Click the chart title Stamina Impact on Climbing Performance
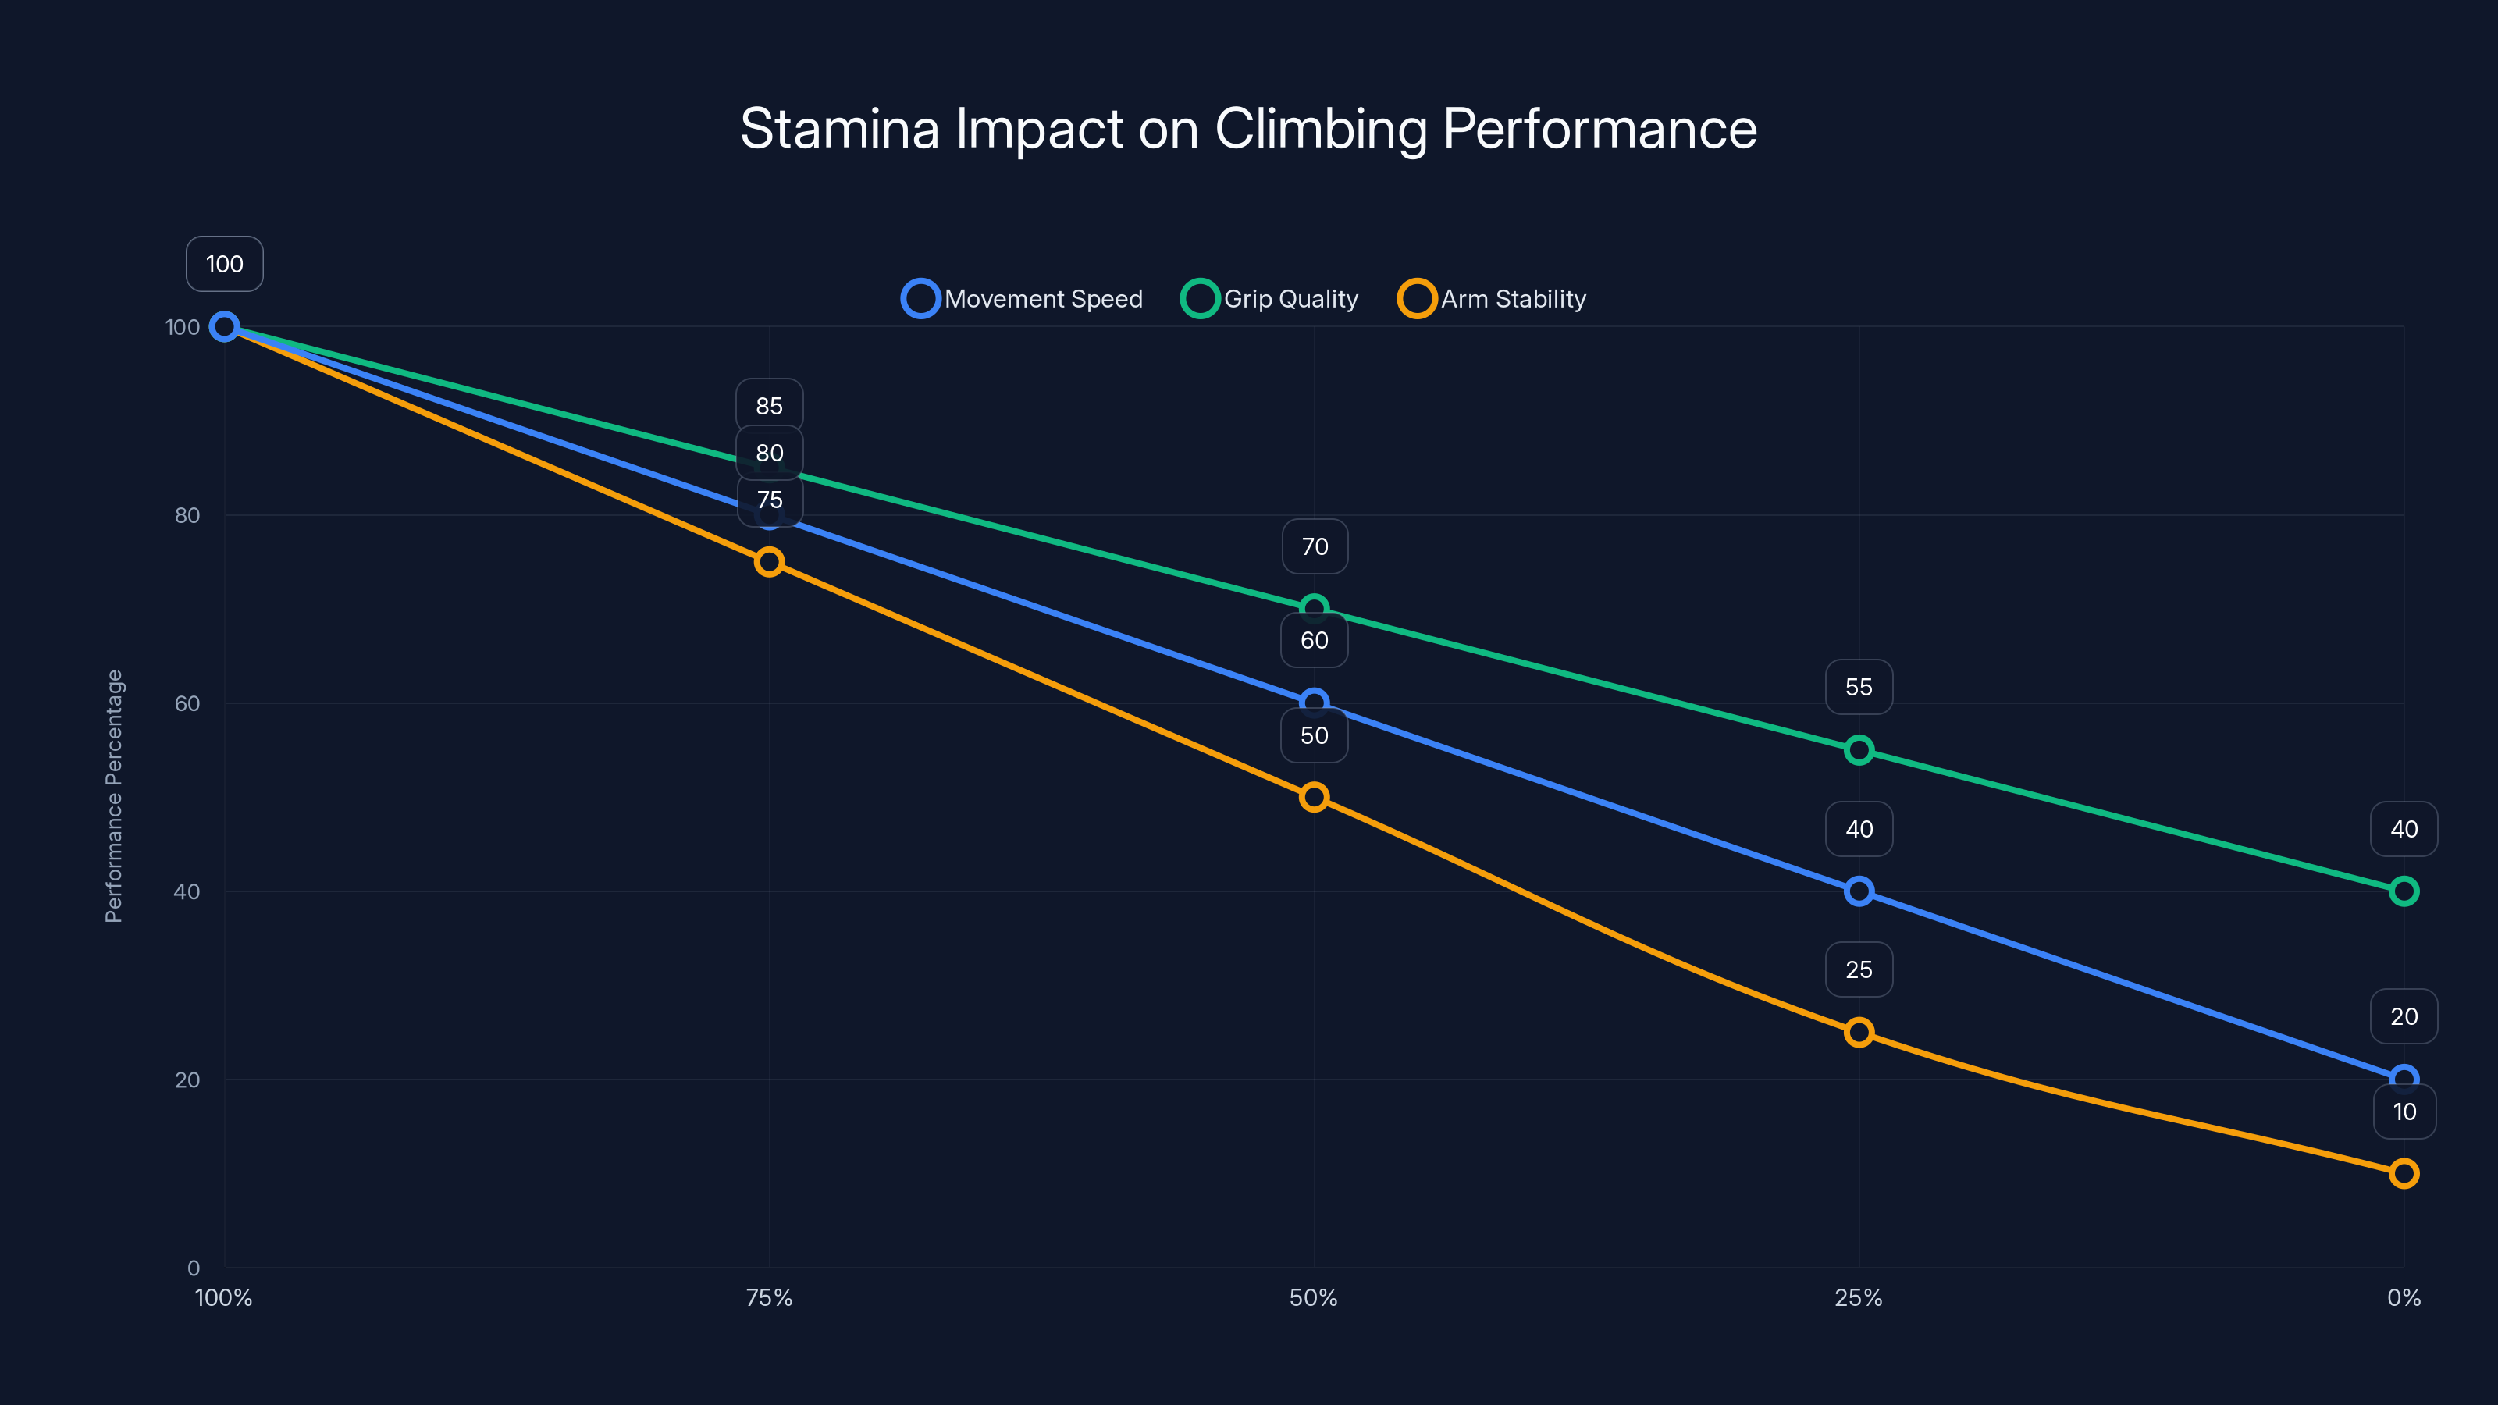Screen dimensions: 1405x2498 1248,129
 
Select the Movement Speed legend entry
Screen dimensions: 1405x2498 1023,299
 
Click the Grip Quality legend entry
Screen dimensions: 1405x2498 1270,299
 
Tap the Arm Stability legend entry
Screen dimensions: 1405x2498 1493,299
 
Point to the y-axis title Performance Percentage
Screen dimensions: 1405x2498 113,796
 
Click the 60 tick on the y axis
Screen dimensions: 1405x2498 187,703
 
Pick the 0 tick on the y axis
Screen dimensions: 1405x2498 193,1268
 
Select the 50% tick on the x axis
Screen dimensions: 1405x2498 1313,1297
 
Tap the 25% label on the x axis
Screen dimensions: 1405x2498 1858,1297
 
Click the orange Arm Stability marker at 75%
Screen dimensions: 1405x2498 769,561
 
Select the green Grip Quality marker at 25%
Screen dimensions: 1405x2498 1859,749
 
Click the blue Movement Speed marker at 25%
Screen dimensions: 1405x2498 1859,891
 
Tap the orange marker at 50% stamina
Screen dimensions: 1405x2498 1314,797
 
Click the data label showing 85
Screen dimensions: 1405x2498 769,405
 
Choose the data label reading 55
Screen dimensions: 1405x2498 1859,687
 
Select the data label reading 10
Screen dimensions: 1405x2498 2404,1112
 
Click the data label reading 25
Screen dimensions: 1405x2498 1859,969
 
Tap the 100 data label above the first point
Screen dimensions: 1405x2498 224,264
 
